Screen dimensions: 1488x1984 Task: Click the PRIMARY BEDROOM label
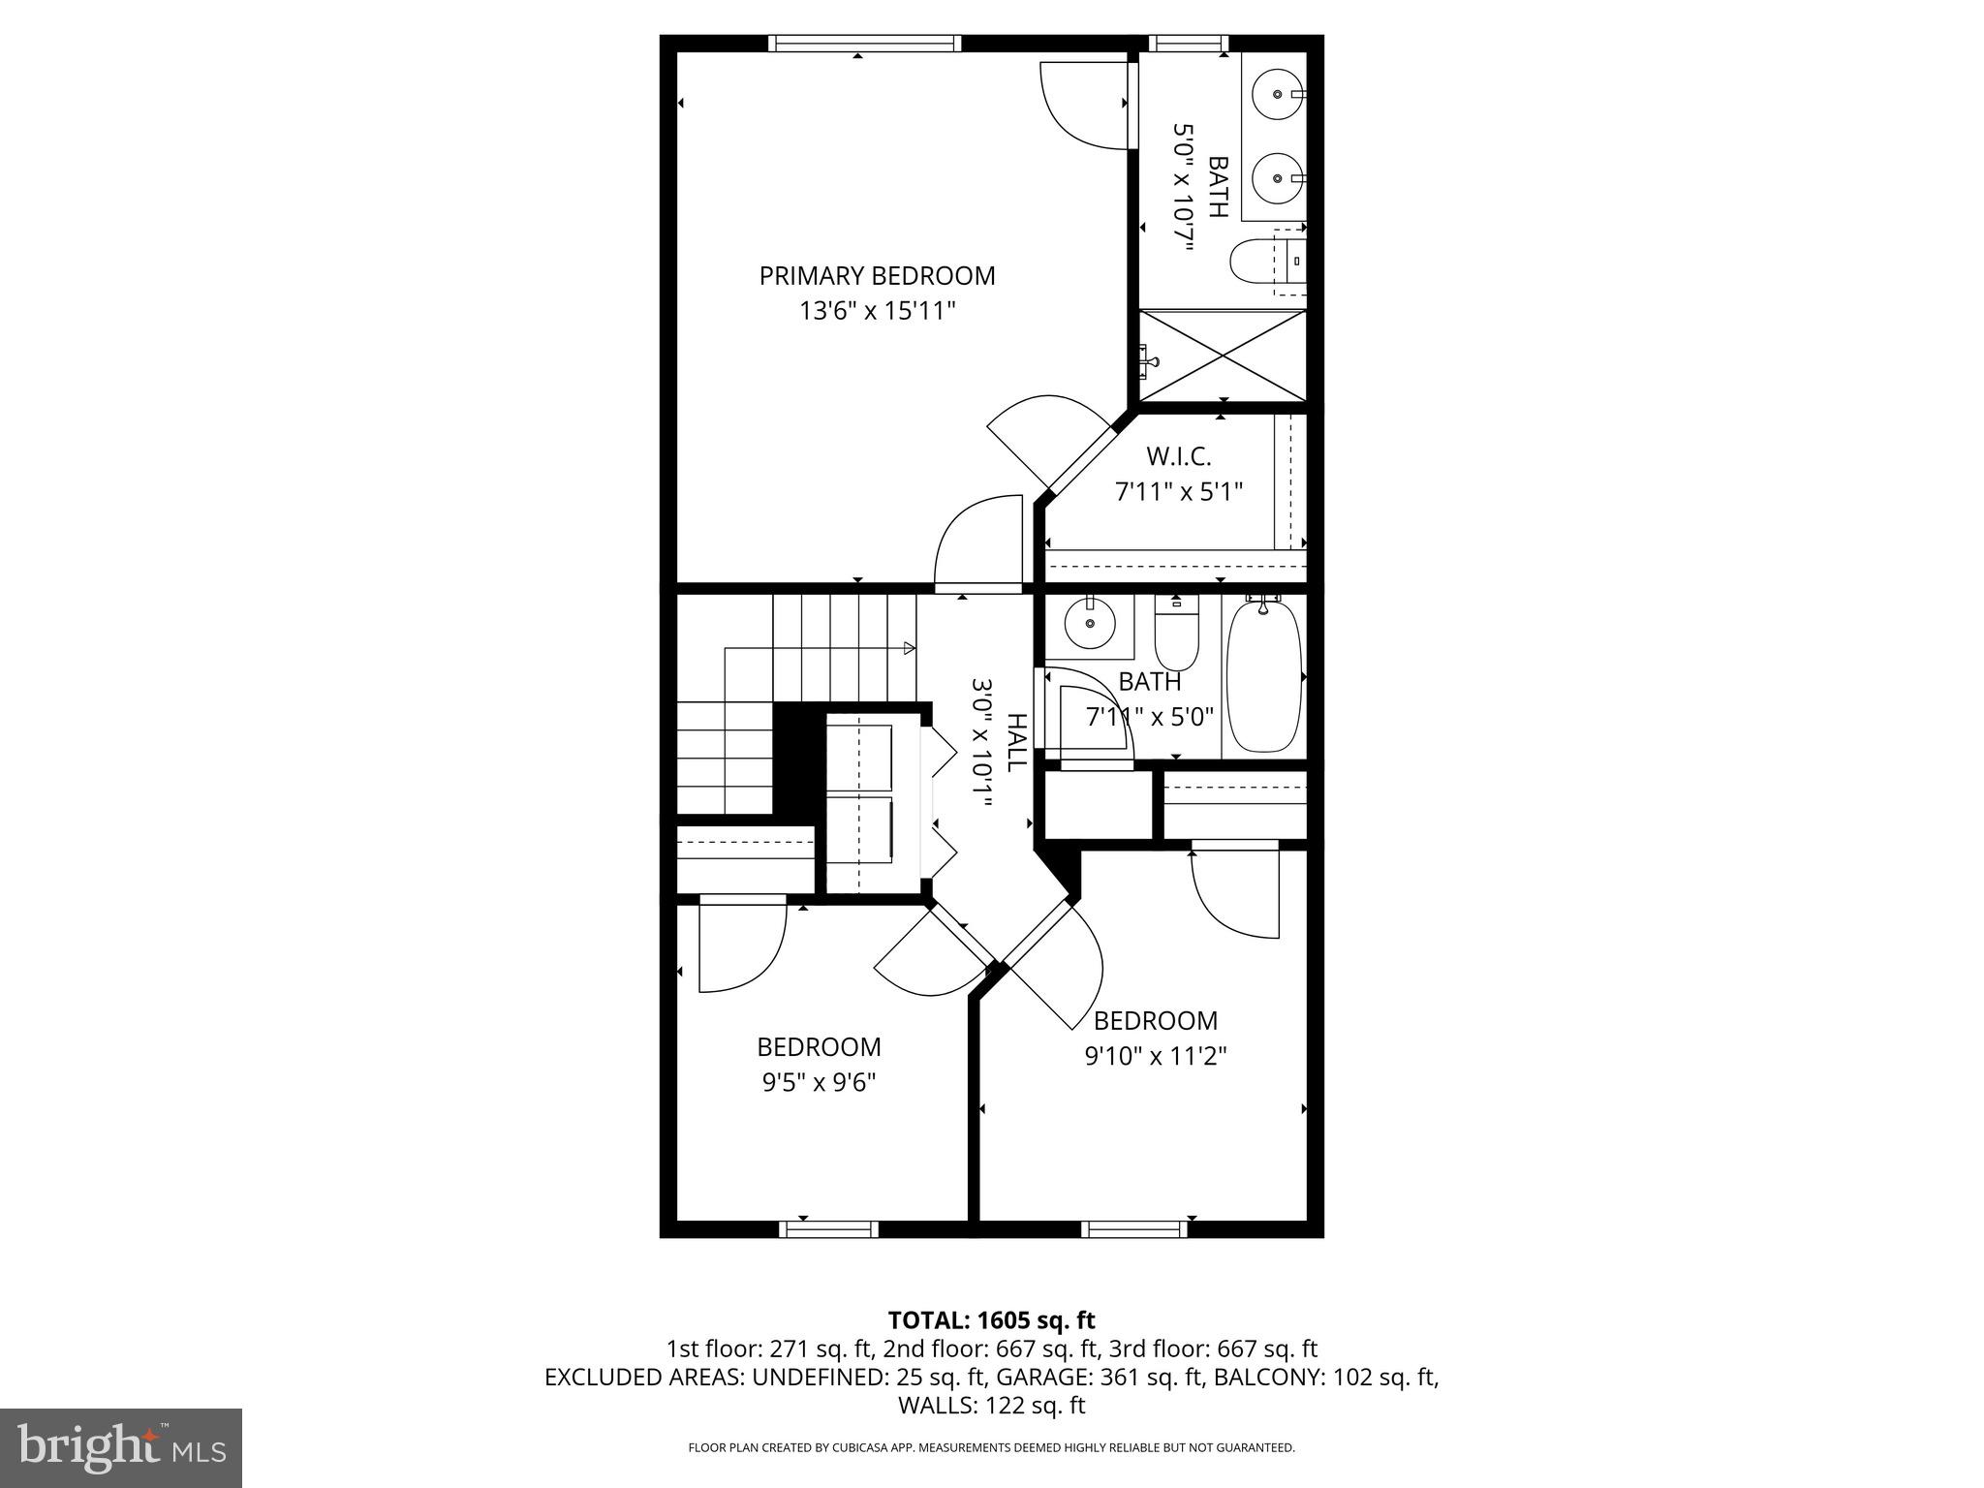pos(877,276)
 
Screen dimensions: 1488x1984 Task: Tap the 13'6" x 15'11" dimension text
pos(877,311)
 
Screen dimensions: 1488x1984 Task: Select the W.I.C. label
pos(1178,456)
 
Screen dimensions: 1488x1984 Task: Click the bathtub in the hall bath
pos(1263,675)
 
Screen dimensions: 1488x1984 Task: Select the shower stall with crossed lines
pos(1223,355)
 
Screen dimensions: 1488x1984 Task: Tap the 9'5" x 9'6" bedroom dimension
pos(819,1082)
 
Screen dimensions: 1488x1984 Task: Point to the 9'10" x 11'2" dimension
pos(1155,1056)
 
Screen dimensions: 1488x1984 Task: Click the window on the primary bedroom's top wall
pos(864,43)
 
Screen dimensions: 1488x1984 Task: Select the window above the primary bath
pos(1188,43)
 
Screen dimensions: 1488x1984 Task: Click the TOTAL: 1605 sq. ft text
pos(991,1320)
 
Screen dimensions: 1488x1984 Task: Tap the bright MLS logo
pos(121,1447)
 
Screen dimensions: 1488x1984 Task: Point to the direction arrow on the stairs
pos(908,647)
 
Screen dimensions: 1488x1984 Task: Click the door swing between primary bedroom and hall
pos(978,542)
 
